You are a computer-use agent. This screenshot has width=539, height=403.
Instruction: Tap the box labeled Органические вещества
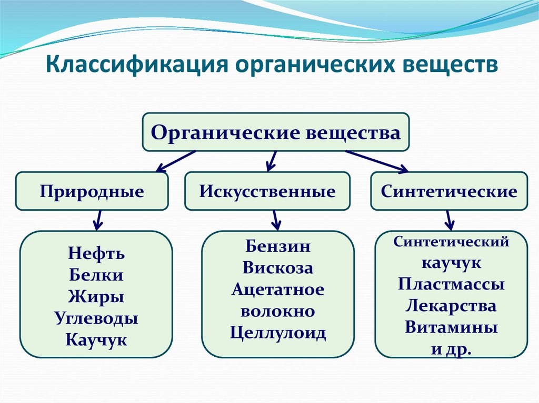pyautogui.click(x=275, y=132)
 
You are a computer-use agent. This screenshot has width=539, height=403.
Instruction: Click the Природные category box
pyautogui.click(x=92, y=191)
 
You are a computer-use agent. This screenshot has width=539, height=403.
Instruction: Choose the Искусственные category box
pyautogui.click(x=267, y=191)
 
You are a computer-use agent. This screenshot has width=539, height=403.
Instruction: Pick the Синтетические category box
pyautogui.click(x=448, y=191)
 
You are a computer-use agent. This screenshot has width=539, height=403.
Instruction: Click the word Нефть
pyautogui.click(x=96, y=254)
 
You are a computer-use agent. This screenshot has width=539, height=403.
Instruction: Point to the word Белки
pyautogui.click(x=96, y=275)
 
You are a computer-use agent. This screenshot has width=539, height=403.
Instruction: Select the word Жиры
pyautogui.click(x=96, y=297)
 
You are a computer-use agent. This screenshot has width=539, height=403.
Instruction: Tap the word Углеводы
pyautogui.click(x=96, y=318)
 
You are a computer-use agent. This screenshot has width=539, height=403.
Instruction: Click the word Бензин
pyautogui.click(x=277, y=246)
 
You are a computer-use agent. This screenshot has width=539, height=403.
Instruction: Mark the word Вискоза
pyautogui.click(x=277, y=268)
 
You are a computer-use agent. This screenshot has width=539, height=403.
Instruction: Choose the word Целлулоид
pyautogui.click(x=277, y=333)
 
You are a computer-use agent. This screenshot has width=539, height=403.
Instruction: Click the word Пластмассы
pyautogui.click(x=451, y=284)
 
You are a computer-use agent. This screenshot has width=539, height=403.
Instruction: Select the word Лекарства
pyautogui.click(x=451, y=306)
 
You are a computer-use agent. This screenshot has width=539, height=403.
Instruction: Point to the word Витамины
pyautogui.click(x=451, y=327)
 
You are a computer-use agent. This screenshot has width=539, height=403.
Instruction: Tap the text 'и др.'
pyautogui.click(x=451, y=348)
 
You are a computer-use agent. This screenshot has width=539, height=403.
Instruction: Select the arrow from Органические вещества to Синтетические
pyautogui.click(x=377, y=161)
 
